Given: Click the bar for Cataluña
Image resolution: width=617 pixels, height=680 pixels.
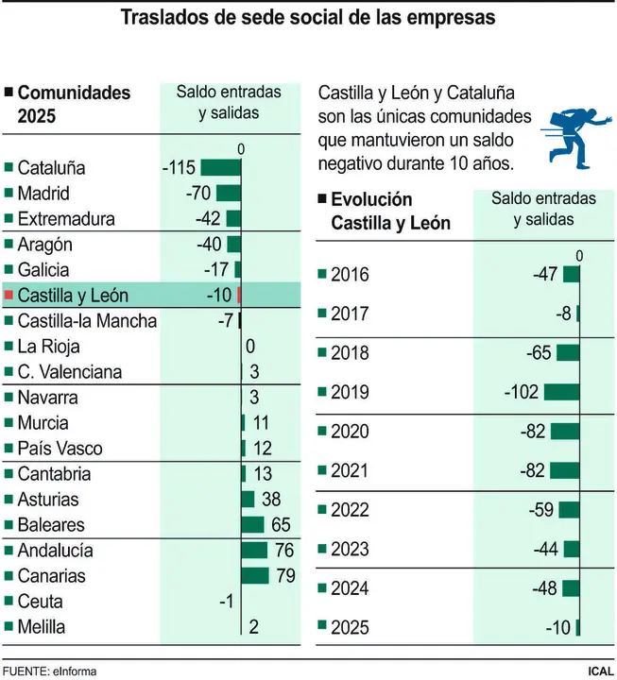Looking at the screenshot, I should point(220,167).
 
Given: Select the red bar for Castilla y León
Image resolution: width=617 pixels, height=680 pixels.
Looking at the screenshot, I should point(239,295).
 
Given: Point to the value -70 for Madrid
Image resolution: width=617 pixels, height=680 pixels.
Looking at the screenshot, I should point(198,193).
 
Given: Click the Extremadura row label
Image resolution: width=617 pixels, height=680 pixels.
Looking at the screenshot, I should point(66,218).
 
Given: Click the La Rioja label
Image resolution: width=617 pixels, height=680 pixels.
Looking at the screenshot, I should point(56,346).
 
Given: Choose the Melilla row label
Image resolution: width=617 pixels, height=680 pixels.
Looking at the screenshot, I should point(47,625).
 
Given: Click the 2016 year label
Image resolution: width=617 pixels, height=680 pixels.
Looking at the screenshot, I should point(350,275).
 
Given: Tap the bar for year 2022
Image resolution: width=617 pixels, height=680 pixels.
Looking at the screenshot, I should point(568,510).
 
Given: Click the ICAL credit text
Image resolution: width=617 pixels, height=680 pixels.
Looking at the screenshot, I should point(600,671).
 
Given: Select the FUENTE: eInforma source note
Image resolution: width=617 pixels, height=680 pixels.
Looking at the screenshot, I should point(49,671).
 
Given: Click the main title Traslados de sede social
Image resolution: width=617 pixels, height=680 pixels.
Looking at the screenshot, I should point(308,18).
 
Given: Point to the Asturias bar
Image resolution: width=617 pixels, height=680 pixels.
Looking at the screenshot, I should point(248,499).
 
